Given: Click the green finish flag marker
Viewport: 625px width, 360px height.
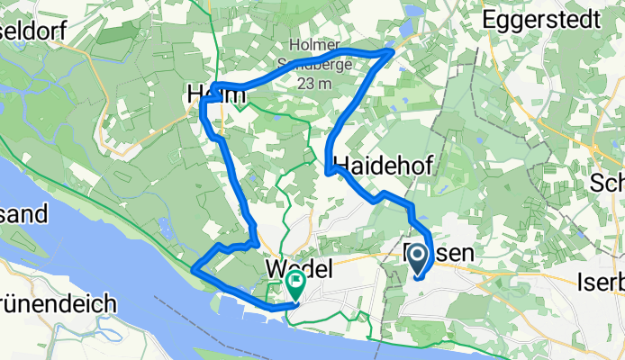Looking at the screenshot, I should [x=295, y=283].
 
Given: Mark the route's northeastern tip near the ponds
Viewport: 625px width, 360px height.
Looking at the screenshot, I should [x=392, y=52].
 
